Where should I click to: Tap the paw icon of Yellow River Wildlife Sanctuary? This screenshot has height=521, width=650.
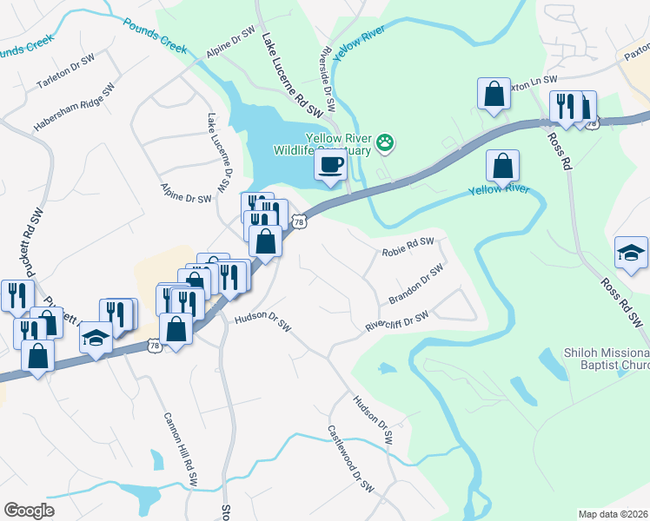385,142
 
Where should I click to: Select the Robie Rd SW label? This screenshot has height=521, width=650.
408,248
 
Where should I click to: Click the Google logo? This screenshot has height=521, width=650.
30,511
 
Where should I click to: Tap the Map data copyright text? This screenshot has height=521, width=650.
614,514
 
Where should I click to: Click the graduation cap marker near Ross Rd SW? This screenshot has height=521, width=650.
631,253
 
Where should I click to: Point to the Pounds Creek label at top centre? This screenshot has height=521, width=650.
155,36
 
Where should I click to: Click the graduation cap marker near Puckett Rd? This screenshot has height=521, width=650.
96,338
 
